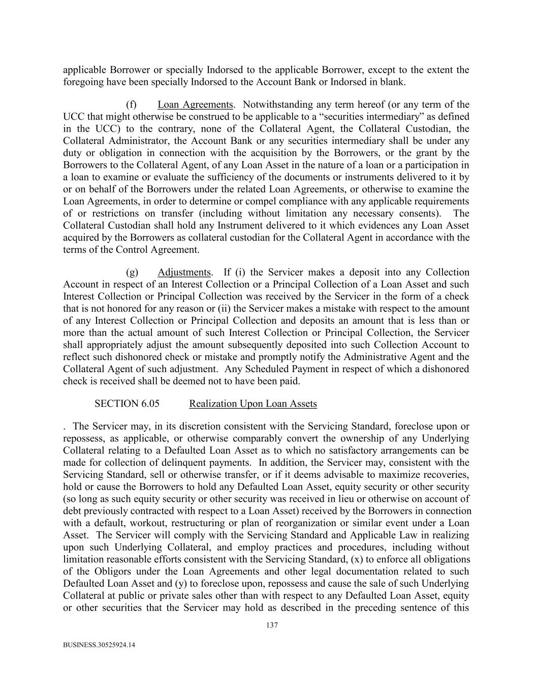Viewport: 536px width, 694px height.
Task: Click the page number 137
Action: (272, 625)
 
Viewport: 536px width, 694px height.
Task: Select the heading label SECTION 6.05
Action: (127, 404)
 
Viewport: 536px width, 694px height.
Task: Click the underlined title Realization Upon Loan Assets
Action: (253, 404)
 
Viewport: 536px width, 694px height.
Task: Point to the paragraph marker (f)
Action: (132, 105)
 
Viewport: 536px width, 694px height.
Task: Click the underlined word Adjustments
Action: (184, 273)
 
